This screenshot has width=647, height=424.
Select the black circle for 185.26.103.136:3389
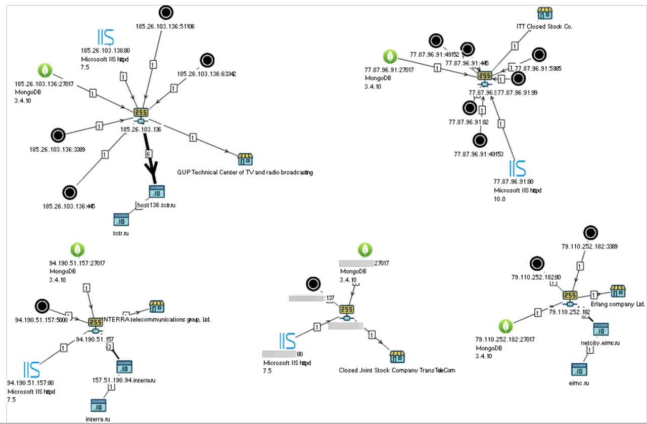[x=58, y=135]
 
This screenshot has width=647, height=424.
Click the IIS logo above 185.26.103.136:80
[x=106, y=37]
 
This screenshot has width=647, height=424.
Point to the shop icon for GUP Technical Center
[x=245, y=159]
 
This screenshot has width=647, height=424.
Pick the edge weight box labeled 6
[x=148, y=153]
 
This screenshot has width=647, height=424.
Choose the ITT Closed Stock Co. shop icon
[x=544, y=13]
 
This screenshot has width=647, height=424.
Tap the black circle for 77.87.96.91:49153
[x=480, y=140]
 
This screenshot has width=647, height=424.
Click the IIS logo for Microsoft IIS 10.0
[x=517, y=167]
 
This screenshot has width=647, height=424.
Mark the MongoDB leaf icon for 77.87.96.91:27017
[x=390, y=56]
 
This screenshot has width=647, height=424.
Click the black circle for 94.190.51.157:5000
[x=42, y=306]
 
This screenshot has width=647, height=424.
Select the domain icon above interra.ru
[x=98, y=405]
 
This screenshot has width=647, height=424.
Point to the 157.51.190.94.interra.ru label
[x=116, y=380]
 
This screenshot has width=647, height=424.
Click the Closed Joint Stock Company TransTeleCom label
[x=397, y=370]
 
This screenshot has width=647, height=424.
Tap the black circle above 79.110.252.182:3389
[x=590, y=233]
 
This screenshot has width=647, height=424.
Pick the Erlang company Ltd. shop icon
[x=618, y=291]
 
